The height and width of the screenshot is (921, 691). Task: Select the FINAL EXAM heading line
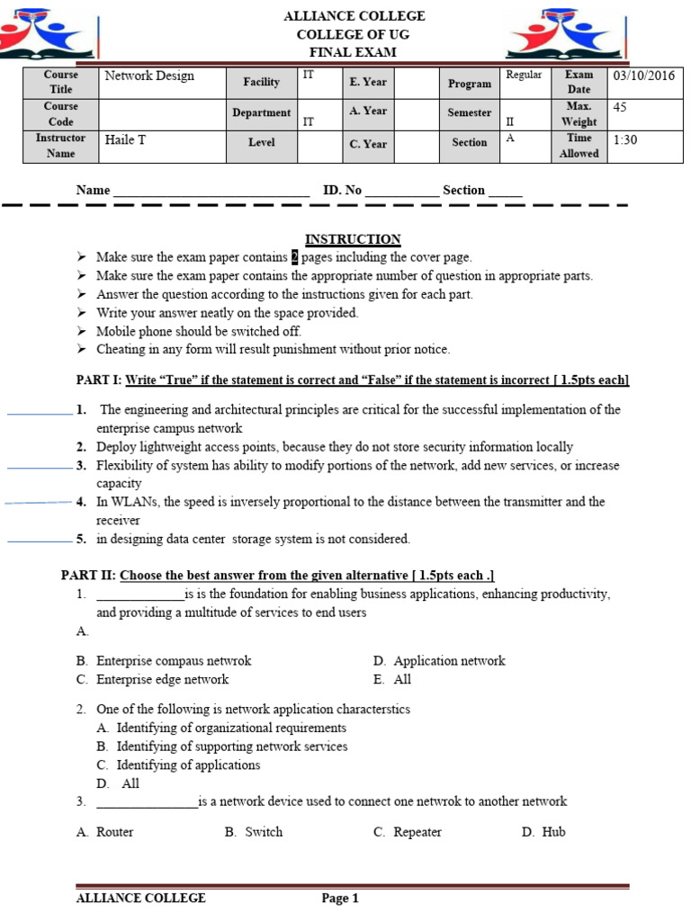coord(353,52)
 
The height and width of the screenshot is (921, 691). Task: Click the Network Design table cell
coord(149,76)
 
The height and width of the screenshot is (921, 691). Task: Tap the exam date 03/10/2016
coord(643,76)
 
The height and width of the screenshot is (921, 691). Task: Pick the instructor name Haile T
coord(125,139)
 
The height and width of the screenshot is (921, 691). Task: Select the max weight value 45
coord(620,107)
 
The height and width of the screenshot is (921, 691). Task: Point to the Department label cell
coord(261,112)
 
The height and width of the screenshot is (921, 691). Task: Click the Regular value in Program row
coord(524,75)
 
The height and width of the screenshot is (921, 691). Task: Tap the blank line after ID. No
coord(402,191)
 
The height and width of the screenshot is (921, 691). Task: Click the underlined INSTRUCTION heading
coord(353,239)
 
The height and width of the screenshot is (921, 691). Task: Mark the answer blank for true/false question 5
coord(39,541)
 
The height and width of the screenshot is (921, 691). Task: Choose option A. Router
coord(105,832)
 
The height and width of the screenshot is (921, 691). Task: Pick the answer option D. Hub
coord(543,832)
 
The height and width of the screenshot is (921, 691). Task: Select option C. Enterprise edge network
coord(153,680)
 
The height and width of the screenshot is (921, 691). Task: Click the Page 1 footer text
coord(340,898)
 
